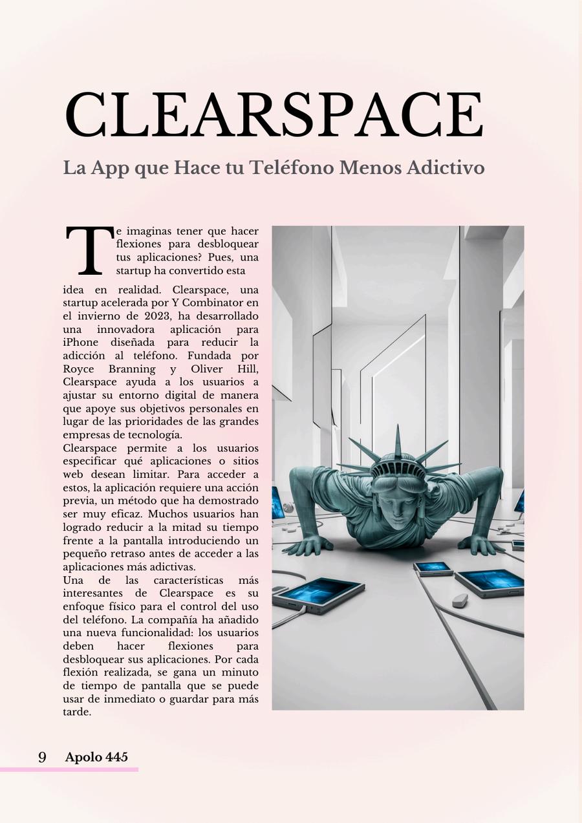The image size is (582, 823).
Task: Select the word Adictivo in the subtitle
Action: point(446,168)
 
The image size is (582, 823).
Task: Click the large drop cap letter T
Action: point(89,251)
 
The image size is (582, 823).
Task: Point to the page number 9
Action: point(42,757)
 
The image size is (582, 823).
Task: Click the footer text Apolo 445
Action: point(96,757)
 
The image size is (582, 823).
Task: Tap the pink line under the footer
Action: point(69,769)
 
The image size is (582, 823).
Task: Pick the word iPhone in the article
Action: point(81,343)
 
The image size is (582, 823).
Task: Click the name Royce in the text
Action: point(78,369)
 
